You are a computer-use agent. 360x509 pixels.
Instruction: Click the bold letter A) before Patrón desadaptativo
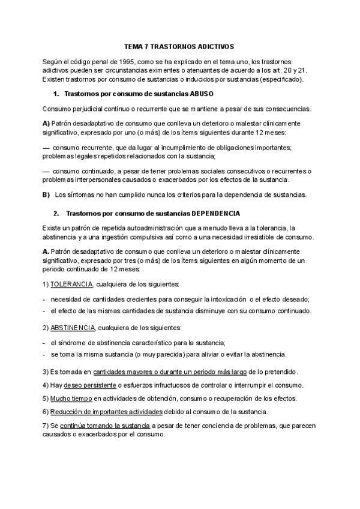click(46, 122)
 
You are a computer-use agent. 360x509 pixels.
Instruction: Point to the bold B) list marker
click(46, 194)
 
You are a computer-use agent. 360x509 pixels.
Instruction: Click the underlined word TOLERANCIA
click(71, 283)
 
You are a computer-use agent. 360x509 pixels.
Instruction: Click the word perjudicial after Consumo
click(88, 109)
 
